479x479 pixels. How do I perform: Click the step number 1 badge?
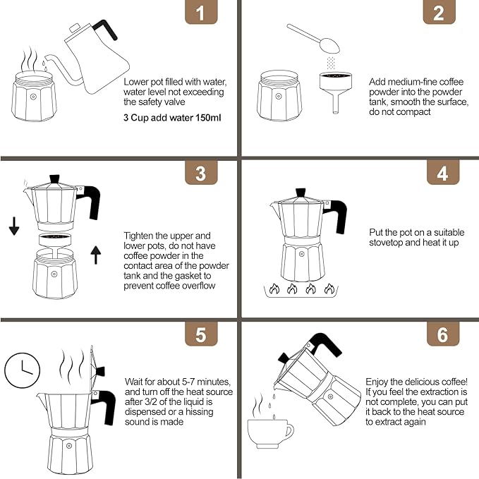click(x=201, y=11)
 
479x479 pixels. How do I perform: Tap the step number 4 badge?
click(x=442, y=173)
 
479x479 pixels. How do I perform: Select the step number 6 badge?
click(x=442, y=334)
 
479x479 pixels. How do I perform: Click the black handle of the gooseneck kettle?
click(x=105, y=30)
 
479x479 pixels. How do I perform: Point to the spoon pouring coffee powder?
click(x=313, y=38)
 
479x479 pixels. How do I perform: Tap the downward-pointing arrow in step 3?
click(x=14, y=226)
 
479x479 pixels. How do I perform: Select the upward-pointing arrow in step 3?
click(x=96, y=255)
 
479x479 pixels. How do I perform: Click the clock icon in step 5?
click(x=23, y=370)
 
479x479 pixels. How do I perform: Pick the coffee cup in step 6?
click(x=270, y=434)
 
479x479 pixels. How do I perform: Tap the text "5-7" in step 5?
click(x=188, y=382)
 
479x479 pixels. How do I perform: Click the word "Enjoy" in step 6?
click(x=377, y=382)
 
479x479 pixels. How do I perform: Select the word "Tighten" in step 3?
click(x=138, y=236)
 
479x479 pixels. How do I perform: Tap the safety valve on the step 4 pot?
click(x=301, y=254)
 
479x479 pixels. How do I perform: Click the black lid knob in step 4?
click(x=301, y=193)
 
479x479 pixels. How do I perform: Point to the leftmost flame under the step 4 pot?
click(x=274, y=288)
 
